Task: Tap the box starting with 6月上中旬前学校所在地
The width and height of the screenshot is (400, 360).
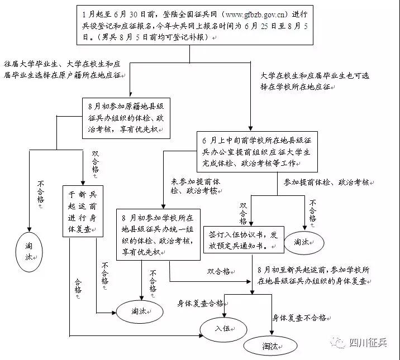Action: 257,151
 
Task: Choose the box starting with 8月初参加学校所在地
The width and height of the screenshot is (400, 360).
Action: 158,234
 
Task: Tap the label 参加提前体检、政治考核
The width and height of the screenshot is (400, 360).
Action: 327,183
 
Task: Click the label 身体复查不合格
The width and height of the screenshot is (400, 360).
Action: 299,318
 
